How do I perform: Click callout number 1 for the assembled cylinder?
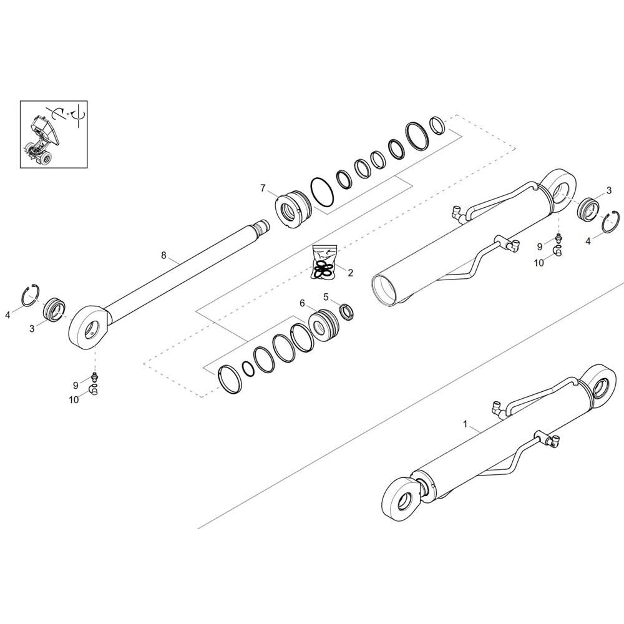(x=466, y=424)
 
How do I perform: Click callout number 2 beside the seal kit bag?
(x=350, y=273)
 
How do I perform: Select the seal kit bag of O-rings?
(x=324, y=263)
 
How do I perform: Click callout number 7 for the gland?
(x=263, y=188)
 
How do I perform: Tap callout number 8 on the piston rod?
(x=163, y=255)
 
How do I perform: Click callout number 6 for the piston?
(x=302, y=304)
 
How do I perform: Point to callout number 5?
(x=326, y=296)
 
